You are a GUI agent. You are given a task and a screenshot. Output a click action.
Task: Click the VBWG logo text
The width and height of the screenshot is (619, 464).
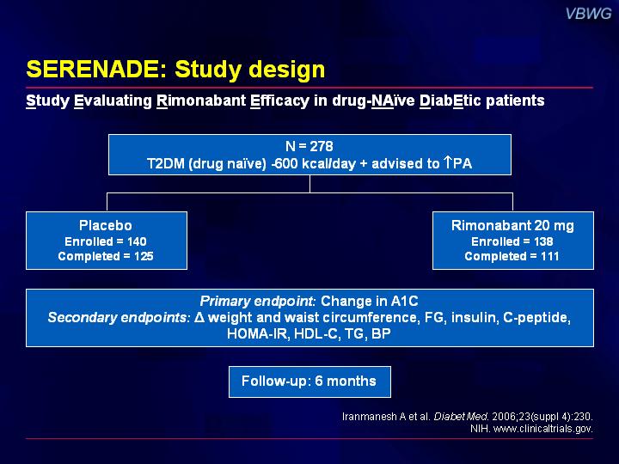(x=588, y=14)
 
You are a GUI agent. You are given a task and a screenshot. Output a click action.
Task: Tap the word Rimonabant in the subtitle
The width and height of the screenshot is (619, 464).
(x=201, y=101)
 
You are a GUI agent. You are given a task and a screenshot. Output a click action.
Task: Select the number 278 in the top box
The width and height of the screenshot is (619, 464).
(x=322, y=146)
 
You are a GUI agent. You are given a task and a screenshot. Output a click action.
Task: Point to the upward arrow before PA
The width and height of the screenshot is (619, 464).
(x=447, y=162)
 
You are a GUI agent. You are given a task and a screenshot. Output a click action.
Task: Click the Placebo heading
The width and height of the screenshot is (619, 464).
(x=106, y=225)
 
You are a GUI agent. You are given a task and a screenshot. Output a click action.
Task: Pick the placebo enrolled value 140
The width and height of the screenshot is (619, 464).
(x=137, y=241)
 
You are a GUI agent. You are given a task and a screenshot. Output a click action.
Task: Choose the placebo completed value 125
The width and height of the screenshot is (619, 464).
(x=144, y=256)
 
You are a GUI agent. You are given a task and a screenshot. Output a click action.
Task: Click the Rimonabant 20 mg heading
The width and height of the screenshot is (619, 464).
(x=512, y=226)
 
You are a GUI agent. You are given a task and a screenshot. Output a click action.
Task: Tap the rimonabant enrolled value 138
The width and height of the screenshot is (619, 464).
(x=543, y=241)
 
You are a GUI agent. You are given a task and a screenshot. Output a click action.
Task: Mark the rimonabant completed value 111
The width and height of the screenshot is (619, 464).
(x=550, y=256)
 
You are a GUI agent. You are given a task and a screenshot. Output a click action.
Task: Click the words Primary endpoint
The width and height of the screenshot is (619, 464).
(x=256, y=302)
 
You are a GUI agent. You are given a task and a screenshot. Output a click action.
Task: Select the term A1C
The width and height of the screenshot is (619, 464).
(x=405, y=302)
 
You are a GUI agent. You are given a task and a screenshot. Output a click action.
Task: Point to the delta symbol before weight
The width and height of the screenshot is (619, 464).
(x=199, y=317)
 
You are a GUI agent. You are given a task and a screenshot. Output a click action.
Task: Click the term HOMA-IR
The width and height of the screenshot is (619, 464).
(x=256, y=333)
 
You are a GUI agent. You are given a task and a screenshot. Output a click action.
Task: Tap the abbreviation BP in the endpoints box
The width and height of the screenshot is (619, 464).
(x=381, y=333)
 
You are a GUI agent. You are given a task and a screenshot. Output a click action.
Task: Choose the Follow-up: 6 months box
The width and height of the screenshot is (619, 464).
(x=309, y=382)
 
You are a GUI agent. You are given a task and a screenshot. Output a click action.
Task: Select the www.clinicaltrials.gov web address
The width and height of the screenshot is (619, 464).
(x=543, y=429)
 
